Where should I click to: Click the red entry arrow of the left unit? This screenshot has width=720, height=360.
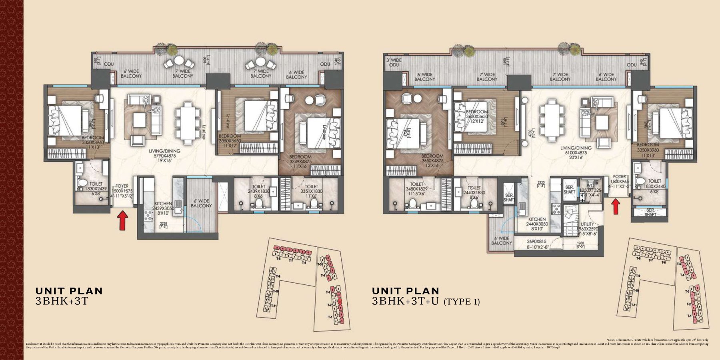point(123,221)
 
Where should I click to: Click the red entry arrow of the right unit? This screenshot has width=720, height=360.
point(616,206)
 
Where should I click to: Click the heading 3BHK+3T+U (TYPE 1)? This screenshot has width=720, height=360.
point(426,302)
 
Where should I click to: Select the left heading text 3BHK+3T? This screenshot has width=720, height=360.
point(62,302)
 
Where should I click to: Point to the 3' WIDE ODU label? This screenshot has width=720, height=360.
point(394,62)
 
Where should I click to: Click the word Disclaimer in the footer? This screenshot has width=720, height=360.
point(32,344)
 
